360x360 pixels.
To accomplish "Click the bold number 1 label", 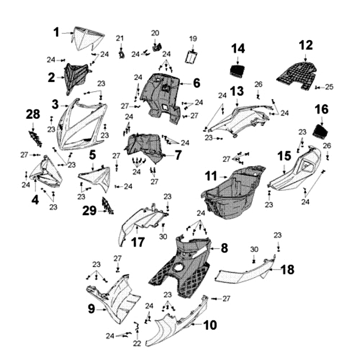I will click(57, 32).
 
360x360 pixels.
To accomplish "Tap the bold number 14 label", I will click(238, 49).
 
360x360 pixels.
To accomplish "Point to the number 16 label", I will click(321, 109).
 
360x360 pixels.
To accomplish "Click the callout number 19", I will click(193, 39).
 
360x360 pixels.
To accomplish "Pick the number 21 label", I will click(120, 38).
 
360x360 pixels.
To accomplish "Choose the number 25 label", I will click(329, 87).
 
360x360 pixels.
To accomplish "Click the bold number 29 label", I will click(89, 210).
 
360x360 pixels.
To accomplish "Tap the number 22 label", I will click(137, 343).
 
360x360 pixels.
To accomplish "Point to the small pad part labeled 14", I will click(238, 70).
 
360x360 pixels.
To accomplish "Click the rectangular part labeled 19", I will click(193, 57).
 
